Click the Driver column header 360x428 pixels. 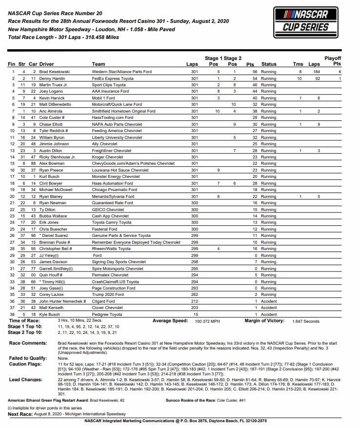coord(46,64)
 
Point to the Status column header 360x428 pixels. coord(269,64)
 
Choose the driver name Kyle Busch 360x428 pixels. coord(50,314)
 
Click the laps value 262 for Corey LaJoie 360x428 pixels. coord(195,295)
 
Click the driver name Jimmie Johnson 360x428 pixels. coord(55,130)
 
